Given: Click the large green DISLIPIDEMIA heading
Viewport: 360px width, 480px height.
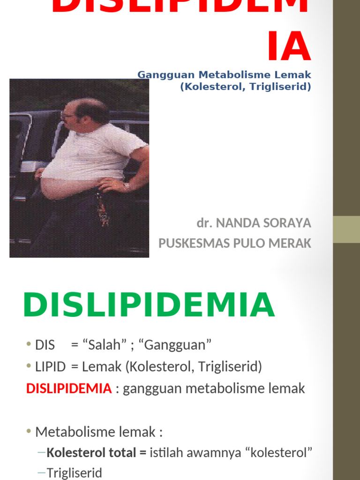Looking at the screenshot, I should [x=149, y=305].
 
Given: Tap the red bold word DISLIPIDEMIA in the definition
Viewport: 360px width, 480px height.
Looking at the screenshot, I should [x=69, y=388].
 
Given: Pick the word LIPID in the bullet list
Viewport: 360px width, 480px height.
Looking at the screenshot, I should [x=50, y=367].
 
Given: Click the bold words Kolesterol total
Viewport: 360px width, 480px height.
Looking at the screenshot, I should [x=90, y=453].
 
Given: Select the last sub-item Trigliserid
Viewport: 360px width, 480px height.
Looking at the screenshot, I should [x=74, y=473].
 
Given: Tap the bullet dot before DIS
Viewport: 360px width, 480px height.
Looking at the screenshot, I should [x=29, y=345].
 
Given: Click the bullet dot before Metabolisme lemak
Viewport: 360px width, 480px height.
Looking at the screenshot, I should [x=29, y=432].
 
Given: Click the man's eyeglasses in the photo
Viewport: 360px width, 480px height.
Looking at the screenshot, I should [x=67, y=115].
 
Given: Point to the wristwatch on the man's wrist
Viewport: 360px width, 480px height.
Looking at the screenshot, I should [x=127, y=186].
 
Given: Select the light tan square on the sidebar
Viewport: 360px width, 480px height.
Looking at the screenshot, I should [x=346, y=229].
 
